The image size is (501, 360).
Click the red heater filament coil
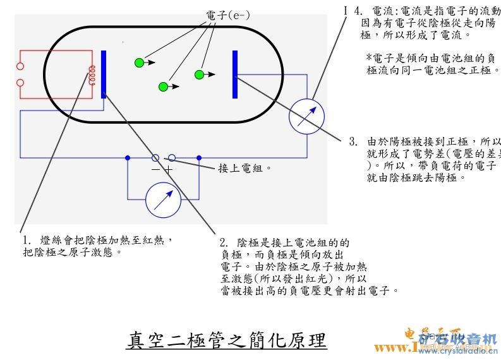[92, 75]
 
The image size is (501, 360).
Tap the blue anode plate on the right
[235, 75]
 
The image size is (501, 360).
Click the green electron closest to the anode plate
[200, 75]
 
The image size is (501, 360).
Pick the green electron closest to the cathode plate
[139, 62]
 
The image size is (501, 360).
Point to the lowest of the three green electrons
[163, 87]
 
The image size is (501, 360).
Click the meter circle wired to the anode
[306, 116]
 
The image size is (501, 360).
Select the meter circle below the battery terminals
[163, 200]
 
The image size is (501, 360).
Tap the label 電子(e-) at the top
[228, 15]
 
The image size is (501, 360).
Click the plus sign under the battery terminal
[169, 169]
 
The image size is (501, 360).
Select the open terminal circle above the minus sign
[155, 157]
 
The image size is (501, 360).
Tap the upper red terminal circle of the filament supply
[20, 66]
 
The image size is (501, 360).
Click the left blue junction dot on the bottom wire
[128, 157]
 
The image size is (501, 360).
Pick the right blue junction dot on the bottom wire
[198, 157]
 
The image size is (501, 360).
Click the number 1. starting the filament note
[27, 241]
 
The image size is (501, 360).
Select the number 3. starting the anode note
[353, 141]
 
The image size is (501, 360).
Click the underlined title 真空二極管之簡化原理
[226, 340]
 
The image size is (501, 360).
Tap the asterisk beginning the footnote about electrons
[369, 57]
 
